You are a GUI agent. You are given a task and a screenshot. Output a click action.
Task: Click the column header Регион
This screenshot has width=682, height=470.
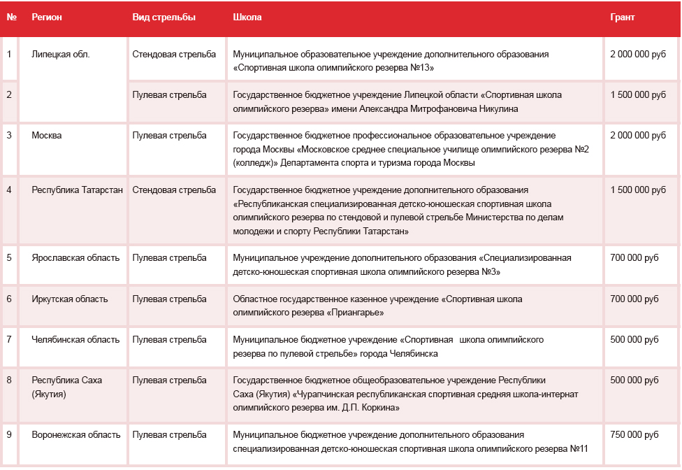[47, 17]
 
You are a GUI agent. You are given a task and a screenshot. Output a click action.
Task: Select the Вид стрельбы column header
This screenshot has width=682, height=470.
[164, 17]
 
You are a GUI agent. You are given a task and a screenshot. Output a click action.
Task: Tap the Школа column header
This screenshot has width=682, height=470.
[247, 17]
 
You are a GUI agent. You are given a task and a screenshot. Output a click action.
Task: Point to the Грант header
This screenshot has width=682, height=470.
[623, 17]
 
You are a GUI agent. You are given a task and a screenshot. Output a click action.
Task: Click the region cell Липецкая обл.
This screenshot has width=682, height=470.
[61, 54]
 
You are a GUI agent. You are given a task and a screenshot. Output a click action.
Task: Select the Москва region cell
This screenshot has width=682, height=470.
[47, 135]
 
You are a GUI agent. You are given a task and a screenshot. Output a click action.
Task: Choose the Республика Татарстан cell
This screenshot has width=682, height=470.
[77, 190]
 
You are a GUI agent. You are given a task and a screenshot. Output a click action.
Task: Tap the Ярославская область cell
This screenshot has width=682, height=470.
[75, 257]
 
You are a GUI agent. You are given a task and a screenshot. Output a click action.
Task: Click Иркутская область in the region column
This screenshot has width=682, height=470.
[70, 299]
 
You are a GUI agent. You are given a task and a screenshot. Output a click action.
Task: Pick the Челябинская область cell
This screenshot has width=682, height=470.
[75, 339]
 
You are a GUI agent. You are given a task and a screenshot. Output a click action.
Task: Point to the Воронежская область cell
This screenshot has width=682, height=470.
[75, 434]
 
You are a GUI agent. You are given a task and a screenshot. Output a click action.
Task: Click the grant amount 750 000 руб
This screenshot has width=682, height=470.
[634, 434]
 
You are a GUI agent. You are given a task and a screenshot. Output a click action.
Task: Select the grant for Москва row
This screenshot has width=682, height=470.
[638, 135]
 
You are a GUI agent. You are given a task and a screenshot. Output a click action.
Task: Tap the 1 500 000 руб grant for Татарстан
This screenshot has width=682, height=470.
[638, 190]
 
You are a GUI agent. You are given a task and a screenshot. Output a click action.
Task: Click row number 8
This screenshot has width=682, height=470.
[9, 380]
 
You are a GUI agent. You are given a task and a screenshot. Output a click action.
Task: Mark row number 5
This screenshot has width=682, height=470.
[9, 257]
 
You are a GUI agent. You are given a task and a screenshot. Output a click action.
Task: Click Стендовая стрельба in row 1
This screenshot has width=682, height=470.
[174, 54]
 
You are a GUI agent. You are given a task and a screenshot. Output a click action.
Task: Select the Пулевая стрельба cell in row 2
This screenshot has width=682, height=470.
[169, 94]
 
